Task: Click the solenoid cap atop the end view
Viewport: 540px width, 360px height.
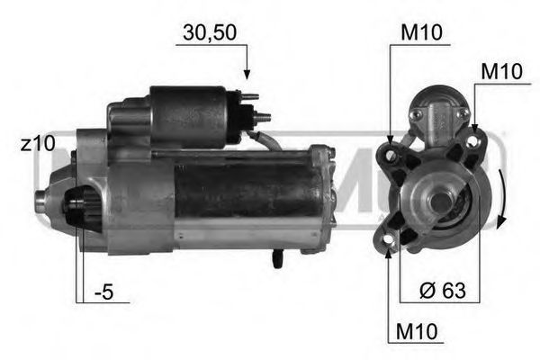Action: [x=438, y=113]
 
